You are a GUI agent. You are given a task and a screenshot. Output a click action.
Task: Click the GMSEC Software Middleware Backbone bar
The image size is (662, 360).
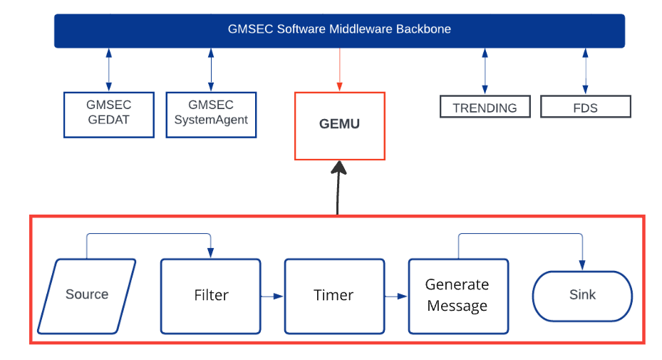pos(339,30)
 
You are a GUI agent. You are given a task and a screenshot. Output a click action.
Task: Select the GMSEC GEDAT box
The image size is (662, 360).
pos(109,113)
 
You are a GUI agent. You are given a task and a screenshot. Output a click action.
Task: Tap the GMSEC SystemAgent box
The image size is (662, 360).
pos(211,113)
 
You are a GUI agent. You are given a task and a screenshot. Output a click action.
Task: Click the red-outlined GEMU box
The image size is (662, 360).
pos(339,125)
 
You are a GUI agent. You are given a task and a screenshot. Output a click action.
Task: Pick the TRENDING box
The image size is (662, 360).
pos(485,108)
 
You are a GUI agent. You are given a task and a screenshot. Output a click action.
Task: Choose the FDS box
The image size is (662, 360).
pos(585,108)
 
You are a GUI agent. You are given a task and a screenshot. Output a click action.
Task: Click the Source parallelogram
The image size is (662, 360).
pos(87,295)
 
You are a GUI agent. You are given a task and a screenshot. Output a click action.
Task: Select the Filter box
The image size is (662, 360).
pos(211,295)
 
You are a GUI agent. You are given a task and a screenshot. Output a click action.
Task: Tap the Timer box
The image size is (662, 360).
pos(334,295)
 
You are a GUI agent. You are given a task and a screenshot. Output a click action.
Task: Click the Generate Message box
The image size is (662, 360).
pos(457,295)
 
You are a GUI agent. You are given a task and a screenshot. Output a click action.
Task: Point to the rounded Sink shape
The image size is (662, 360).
pos(582,295)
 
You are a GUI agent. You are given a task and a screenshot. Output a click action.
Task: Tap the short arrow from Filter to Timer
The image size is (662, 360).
pos(272,295)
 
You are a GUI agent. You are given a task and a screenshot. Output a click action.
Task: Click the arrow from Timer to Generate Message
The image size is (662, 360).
pos(396,295)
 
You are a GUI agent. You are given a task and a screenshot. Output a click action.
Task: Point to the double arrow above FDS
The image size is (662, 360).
pos(586,71)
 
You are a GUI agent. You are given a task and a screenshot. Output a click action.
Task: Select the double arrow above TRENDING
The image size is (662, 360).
pos(485,71)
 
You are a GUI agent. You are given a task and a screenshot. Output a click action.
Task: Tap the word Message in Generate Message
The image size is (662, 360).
pos(457,306)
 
